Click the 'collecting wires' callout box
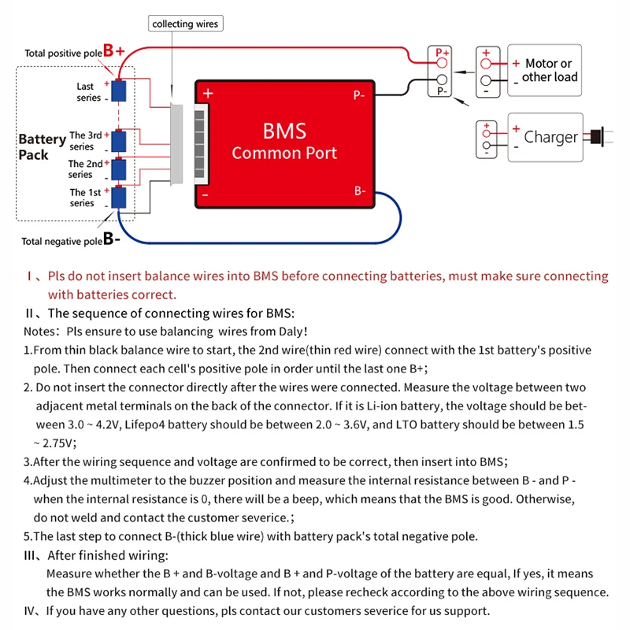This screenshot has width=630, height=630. pyautogui.click(x=185, y=24)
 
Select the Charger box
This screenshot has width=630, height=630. pyautogui.click(x=545, y=137)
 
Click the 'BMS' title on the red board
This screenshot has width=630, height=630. pyautogui.click(x=284, y=131)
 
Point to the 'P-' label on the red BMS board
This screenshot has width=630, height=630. pyautogui.click(x=358, y=95)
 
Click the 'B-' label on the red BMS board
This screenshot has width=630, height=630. pyautogui.click(x=359, y=191)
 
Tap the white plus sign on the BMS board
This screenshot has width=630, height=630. pyautogui.click(x=208, y=93)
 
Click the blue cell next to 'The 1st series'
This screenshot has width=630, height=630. pyautogui.click(x=118, y=197)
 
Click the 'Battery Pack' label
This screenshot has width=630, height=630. pyautogui.click(x=42, y=146)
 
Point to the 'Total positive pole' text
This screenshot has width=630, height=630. pyautogui.click(x=63, y=54)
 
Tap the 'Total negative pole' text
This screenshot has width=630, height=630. pyautogui.click(x=61, y=241)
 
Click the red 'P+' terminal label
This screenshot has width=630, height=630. pyautogui.click(x=442, y=53)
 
